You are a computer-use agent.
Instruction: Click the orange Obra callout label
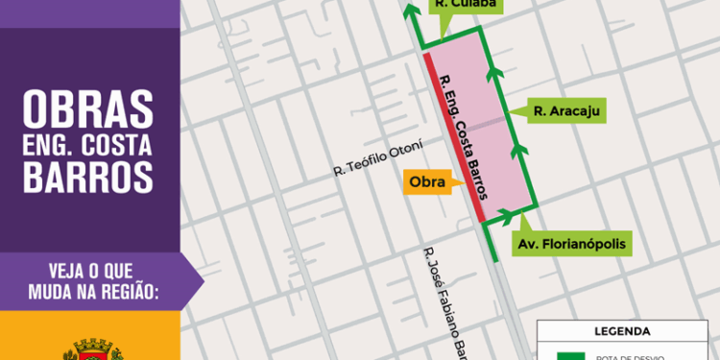tap(426, 182)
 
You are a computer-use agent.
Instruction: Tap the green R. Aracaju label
tap(566, 112)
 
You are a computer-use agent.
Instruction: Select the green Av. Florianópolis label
tap(572, 245)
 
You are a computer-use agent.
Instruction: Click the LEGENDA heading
tap(622, 332)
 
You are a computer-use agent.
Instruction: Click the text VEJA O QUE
tap(102, 269)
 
